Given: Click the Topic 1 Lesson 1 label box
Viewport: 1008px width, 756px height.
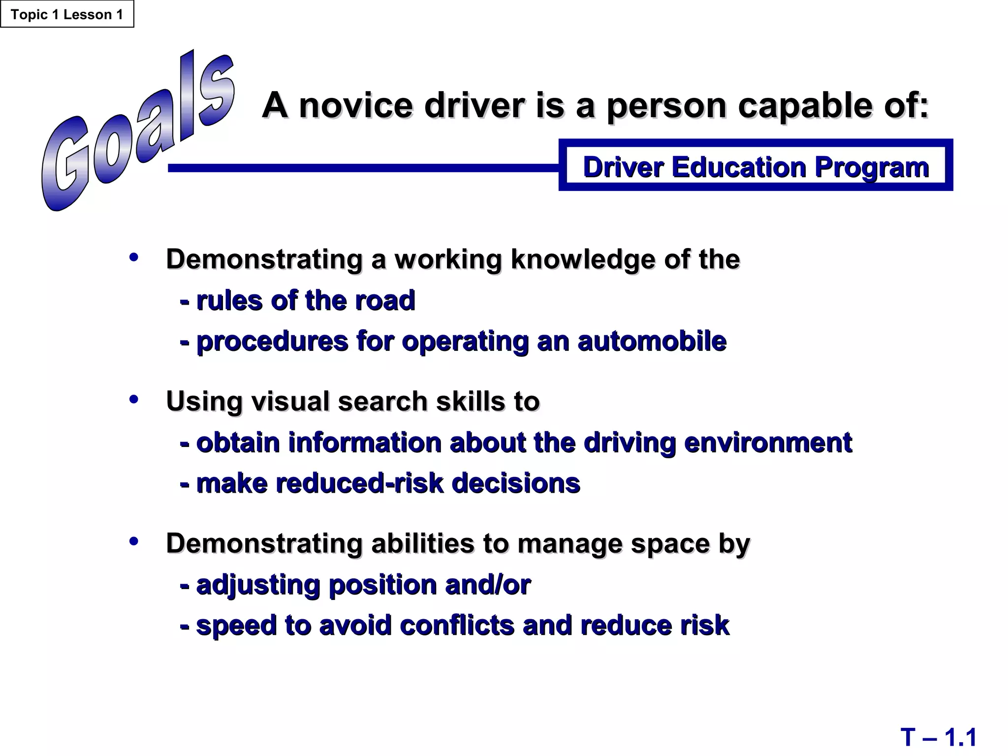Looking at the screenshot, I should (67, 14).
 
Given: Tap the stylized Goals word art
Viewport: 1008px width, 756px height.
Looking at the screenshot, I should (138, 133).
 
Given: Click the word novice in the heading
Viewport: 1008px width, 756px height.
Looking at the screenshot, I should (356, 105).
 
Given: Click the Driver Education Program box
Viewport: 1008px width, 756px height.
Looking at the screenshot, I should (756, 166).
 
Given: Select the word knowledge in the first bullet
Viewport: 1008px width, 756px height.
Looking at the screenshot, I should (583, 259).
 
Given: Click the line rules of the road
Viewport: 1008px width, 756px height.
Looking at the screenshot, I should (298, 300).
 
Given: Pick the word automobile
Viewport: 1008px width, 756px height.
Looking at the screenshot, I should (652, 341).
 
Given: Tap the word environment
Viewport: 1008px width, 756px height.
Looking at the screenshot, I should (768, 442).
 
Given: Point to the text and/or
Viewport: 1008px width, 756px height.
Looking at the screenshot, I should (487, 585).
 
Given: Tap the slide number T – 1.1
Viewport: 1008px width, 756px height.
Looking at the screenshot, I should (938, 738).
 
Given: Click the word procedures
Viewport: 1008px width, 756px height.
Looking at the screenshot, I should (272, 341).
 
